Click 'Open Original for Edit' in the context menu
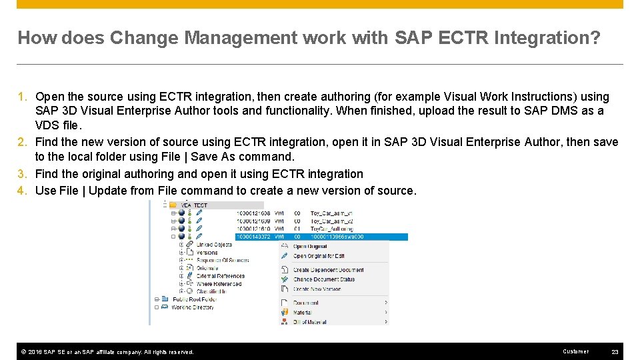[x=319, y=256]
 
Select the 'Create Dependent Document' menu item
[x=328, y=270]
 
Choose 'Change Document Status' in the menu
[x=324, y=279]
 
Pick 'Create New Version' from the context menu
[x=317, y=289]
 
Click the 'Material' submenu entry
[x=302, y=312]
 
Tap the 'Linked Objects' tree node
[x=214, y=245]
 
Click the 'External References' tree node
[x=220, y=276]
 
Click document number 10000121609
[x=254, y=221]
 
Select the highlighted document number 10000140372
[x=254, y=237]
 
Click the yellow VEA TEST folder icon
[x=173, y=205]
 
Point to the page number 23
[x=614, y=351]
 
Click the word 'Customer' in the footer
[x=575, y=351]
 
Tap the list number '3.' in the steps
[x=22, y=174]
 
